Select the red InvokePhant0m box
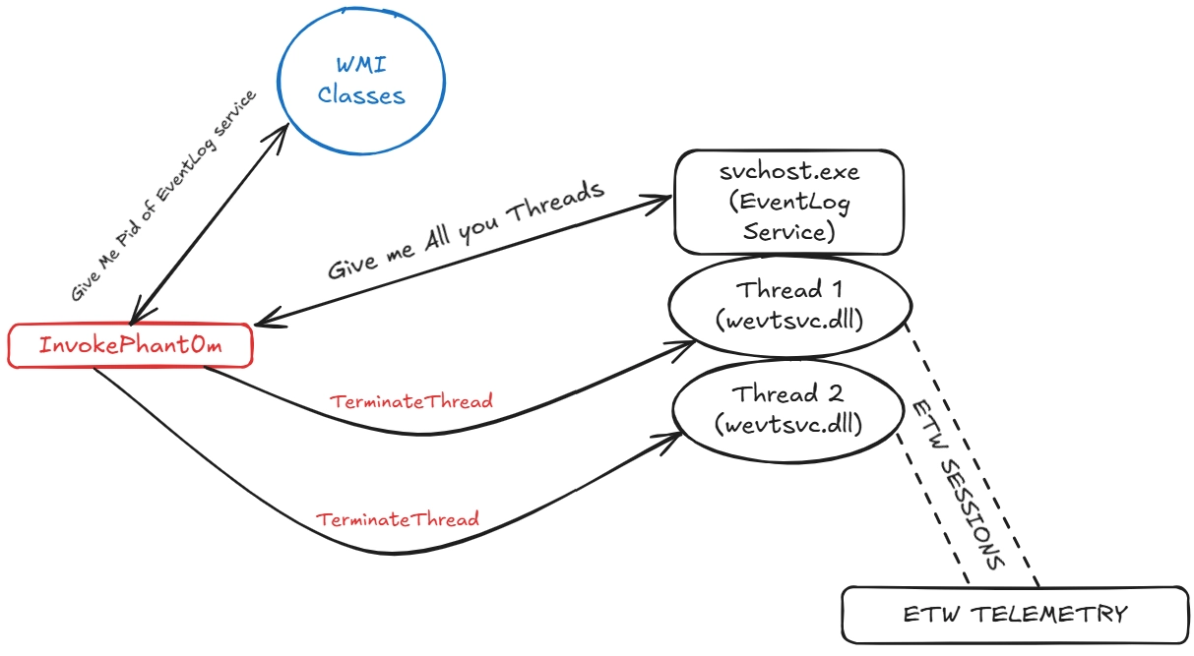129,347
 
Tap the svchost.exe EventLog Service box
787,203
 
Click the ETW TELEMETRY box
1015,615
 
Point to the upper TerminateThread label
410,401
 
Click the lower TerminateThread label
397,518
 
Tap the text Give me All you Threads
465,234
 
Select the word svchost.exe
788,171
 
